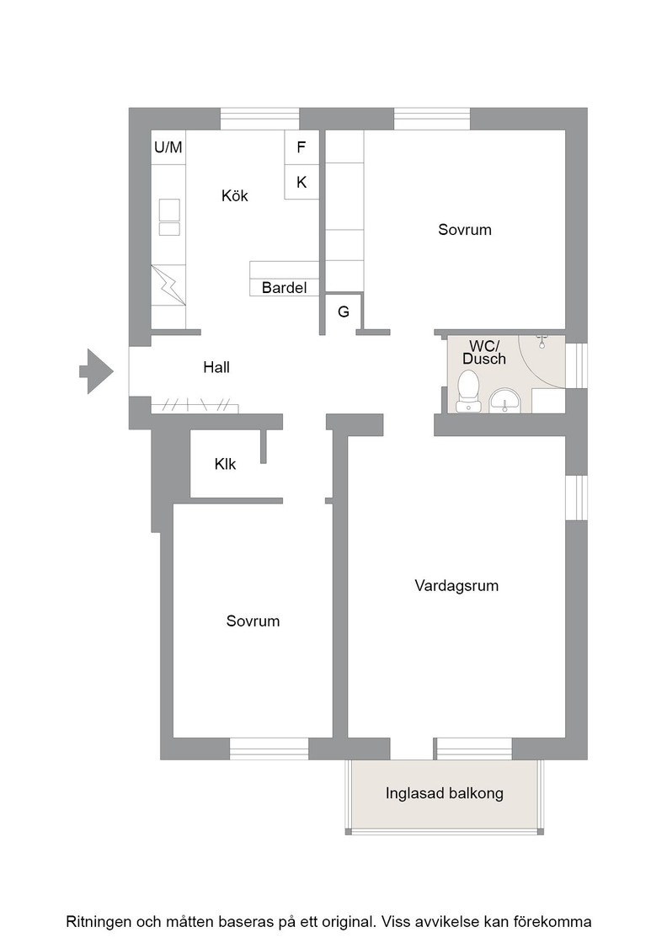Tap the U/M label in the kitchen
click(x=168, y=147)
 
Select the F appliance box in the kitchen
click(x=301, y=147)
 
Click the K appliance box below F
click(x=301, y=182)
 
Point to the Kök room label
click(x=235, y=195)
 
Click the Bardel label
click(x=284, y=287)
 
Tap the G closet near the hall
click(x=344, y=312)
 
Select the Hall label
click(x=216, y=367)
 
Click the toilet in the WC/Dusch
click(x=468, y=391)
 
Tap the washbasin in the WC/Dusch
click(x=505, y=401)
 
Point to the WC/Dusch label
click(x=484, y=353)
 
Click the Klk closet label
click(x=225, y=464)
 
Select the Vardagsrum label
click(x=456, y=586)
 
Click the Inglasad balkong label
click(x=445, y=793)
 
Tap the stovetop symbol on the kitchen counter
click(x=169, y=217)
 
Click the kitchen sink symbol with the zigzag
click(x=168, y=285)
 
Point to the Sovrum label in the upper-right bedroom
click(x=465, y=230)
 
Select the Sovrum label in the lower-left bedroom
click(x=253, y=621)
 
